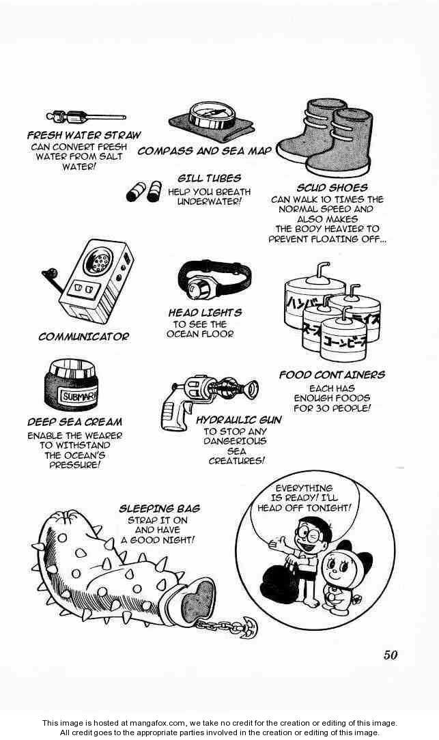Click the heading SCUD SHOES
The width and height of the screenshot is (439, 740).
[332, 187]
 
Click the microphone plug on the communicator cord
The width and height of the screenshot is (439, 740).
[49, 274]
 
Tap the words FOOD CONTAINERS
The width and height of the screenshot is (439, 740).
[331, 375]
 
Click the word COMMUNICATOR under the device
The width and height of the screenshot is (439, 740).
[83, 336]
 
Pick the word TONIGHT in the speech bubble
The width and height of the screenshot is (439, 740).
[327, 509]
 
